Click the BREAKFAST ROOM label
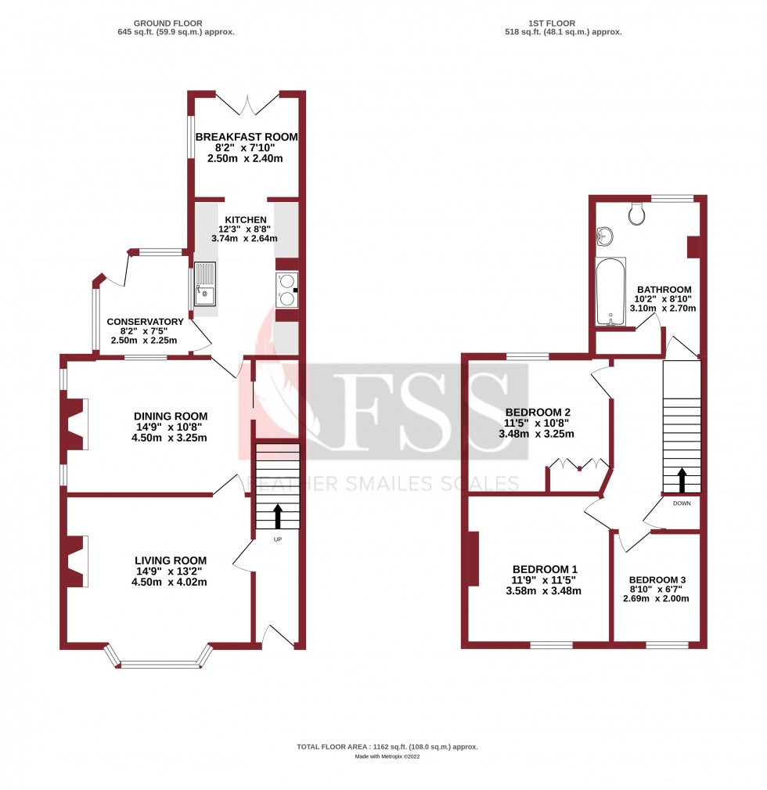(x=247, y=137)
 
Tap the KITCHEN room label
(x=246, y=219)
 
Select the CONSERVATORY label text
(x=145, y=322)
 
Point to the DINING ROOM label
(x=171, y=416)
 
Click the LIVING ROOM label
(x=171, y=560)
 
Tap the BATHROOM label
(x=664, y=289)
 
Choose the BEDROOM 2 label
(x=538, y=413)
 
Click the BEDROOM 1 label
(x=545, y=569)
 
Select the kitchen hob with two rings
(x=286, y=289)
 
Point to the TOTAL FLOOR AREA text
(x=387, y=747)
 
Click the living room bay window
(x=159, y=662)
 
